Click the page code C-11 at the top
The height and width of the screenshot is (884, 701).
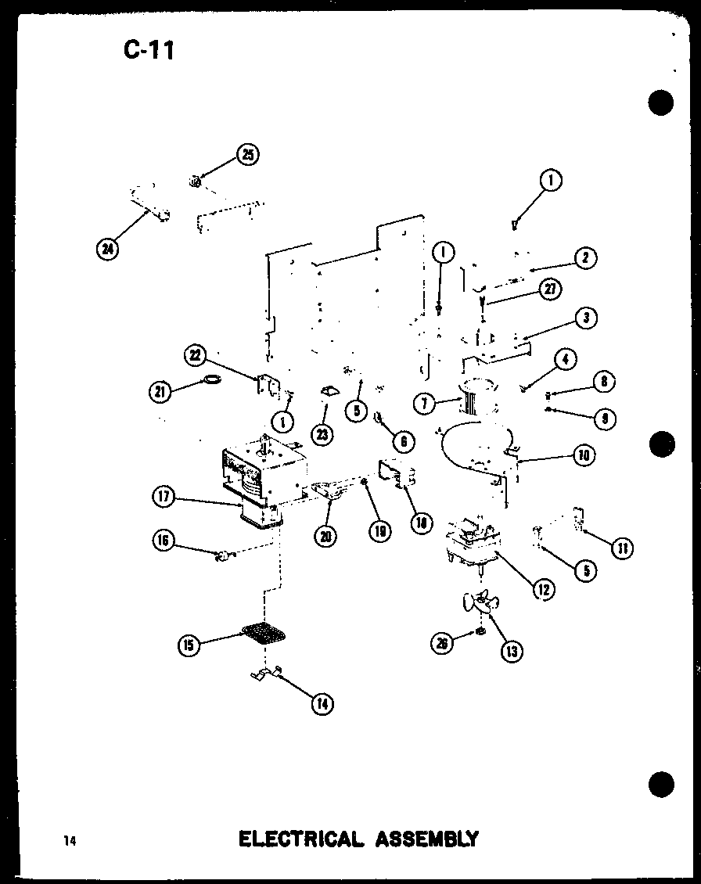(149, 50)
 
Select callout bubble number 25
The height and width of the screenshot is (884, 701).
(248, 154)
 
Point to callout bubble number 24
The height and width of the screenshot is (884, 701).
(106, 250)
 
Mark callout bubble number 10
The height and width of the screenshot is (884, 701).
(582, 454)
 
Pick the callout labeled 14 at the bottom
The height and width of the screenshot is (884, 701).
(322, 703)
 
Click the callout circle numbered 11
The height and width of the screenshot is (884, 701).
(623, 547)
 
